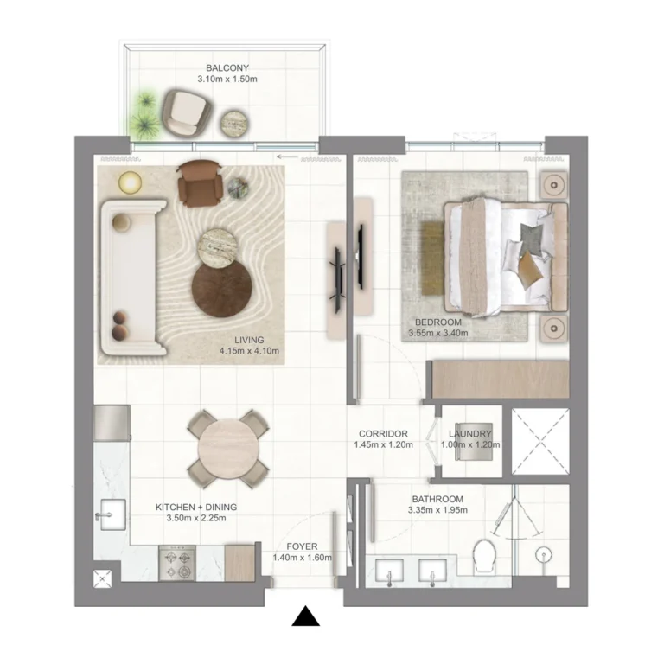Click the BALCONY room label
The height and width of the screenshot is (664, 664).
point(227,67)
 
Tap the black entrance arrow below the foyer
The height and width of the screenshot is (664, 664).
point(305,616)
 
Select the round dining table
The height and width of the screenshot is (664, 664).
point(227,448)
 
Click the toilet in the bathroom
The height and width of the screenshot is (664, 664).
point(485,552)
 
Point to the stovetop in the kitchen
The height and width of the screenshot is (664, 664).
point(178,563)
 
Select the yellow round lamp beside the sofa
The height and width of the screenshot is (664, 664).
point(130,182)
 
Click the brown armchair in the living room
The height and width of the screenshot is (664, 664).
point(199,182)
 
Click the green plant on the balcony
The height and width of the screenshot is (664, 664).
point(144,115)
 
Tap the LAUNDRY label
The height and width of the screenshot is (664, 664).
point(471,434)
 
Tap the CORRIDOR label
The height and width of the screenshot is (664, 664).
point(383,434)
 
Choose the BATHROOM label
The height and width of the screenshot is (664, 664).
point(437,499)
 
